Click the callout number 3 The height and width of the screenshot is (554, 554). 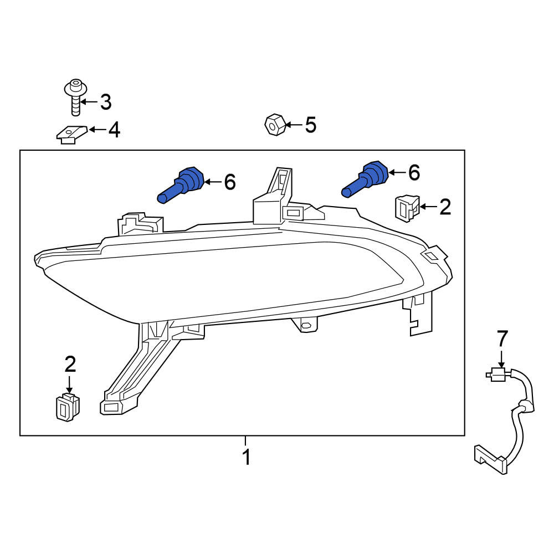point(106,102)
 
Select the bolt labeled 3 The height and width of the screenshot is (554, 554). point(75,97)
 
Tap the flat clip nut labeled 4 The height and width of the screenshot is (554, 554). point(71,134)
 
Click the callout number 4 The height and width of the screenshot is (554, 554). point(114,130)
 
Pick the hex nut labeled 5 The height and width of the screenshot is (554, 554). point(275,124)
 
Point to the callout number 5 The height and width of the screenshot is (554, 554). point(311,125)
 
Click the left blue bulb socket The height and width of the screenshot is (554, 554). point(181,185)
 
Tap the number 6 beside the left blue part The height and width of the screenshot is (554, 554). point(230,182)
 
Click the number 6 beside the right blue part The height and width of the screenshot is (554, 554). point(414,173)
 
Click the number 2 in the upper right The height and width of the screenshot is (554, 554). point(445,207)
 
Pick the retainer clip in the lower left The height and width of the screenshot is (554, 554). point(68,408)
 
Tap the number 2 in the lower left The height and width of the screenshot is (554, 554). point(70,365)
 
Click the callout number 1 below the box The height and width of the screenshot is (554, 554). point(247,457)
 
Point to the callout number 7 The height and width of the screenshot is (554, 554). point(502,338)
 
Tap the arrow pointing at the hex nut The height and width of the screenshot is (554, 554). point(294,125)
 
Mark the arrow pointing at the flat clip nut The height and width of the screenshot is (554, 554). point(98,130)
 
